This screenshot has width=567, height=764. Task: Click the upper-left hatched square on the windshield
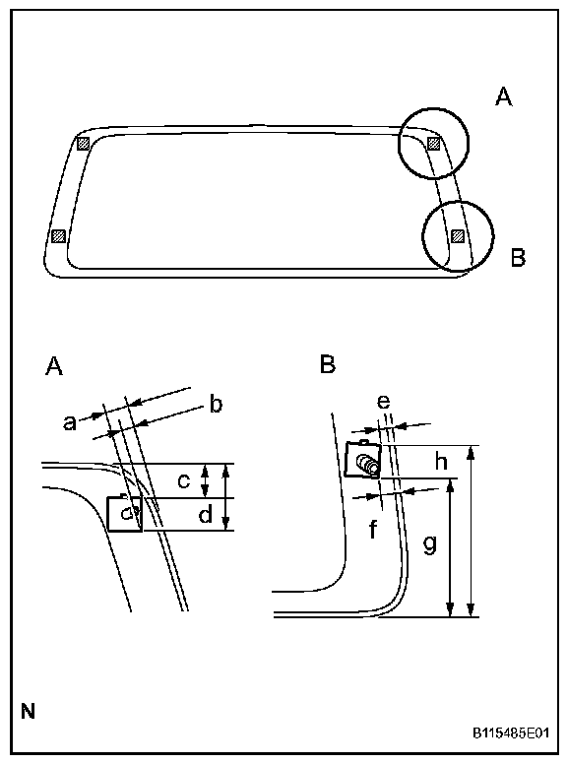84,144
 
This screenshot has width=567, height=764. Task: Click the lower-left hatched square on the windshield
58,236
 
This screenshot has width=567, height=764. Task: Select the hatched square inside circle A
433,144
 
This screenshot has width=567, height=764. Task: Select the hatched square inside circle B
458,236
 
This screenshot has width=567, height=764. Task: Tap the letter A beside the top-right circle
504,96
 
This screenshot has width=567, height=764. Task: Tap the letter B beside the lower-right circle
518,257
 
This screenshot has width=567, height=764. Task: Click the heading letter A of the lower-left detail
54,366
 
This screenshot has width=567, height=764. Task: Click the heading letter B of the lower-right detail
328,364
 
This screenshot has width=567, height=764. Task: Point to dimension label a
70,422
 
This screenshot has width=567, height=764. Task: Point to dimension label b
216,404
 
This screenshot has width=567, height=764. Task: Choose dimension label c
184,481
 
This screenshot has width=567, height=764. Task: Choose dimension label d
206,514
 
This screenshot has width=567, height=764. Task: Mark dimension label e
384,402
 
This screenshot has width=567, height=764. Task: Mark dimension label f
373,529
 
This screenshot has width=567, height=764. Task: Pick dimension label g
429,544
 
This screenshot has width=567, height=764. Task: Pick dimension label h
441,461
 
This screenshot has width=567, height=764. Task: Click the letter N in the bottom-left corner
29,712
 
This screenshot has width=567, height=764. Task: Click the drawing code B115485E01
511,733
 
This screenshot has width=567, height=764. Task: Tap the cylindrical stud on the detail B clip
367,463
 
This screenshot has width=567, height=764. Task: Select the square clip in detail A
125,514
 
